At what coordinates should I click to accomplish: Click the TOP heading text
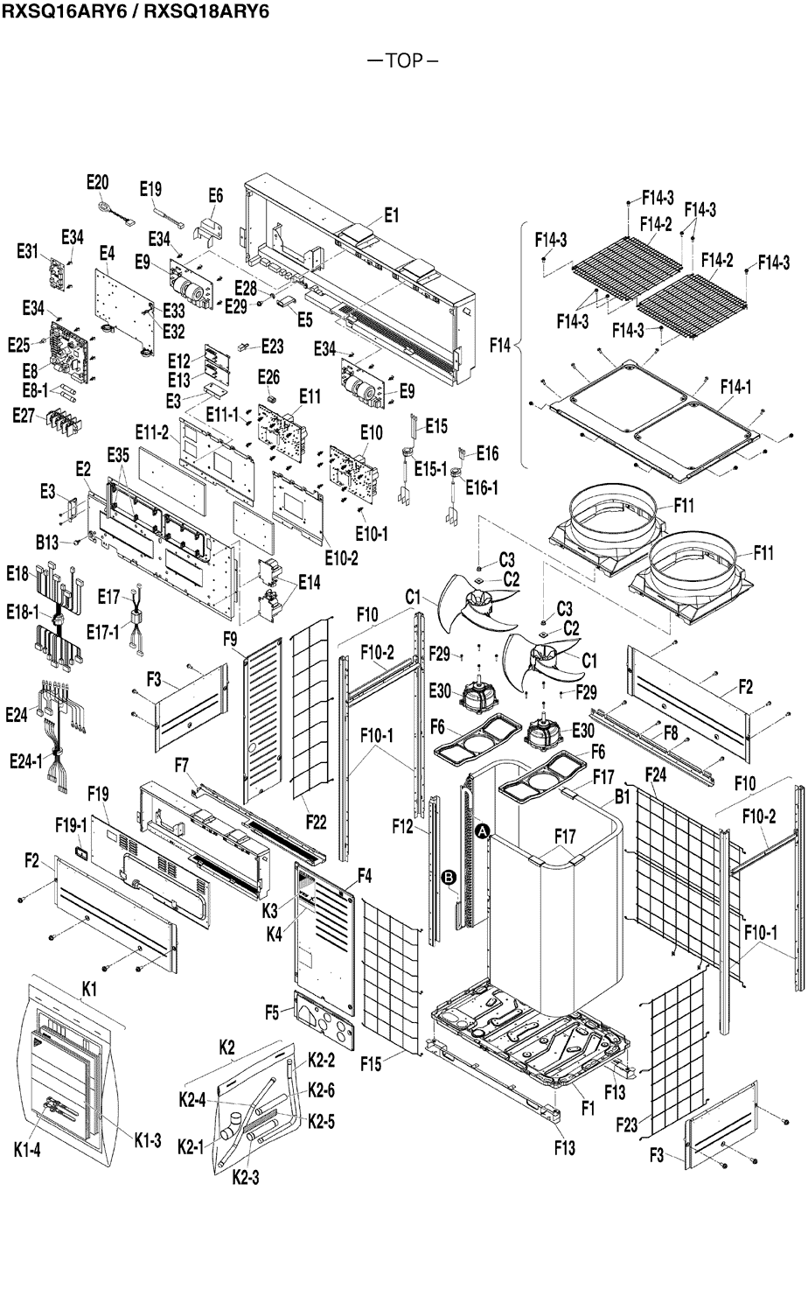coord(403,61)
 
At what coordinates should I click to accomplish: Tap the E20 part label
coord(98,182)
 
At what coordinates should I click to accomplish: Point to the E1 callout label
coord(392,215)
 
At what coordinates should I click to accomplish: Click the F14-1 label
coord(735,386)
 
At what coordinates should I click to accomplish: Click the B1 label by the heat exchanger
coord(623,796)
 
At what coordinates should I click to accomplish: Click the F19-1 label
coord(70,824)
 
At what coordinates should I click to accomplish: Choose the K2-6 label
coord(321,1090)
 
